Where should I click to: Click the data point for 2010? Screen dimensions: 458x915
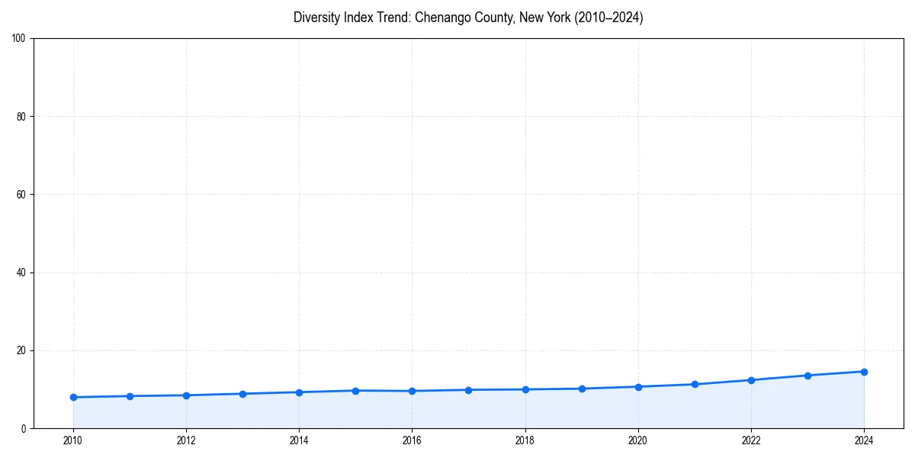pyautogui.click(x=73, y=397)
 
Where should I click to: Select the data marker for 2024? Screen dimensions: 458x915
pyautogui.click(x=864, y=372)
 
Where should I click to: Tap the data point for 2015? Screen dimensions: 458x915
pyautogui.click(x=355, y=391)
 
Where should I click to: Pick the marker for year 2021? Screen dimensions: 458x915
pyautogui.click(x=695, y=384)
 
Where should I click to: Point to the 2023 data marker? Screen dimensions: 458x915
pyautogui.click(x=807, y=376)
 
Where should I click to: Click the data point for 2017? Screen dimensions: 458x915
pyautogui.click(x=468, y=390)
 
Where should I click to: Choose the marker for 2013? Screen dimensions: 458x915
pyautogui.click(x=242, y=394)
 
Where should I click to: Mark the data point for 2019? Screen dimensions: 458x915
pyautogui.click(x=582, y=389)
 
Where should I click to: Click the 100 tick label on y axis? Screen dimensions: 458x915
pyautogui.click(x=19, y=38)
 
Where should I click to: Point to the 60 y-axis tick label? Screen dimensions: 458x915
pyautogui.click(x=21, y=195)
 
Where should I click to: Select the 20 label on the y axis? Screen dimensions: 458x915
pyautogui.click(x=21, y=350)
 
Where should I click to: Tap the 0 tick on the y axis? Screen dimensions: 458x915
pyautogui.click(x=24, y=429)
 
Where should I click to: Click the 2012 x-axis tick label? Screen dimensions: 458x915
pyautogui.click(x=186, y=440)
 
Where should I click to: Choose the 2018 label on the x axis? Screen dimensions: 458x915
pyautogui.click(x=525, y=440)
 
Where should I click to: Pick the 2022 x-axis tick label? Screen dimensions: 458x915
pyautogui.click(x=751, y=440)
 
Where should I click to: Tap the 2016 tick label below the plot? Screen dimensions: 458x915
pyautogui.click(x=412, y=440)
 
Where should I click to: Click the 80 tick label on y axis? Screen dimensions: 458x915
pyautogui.click(x=21, y=117)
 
